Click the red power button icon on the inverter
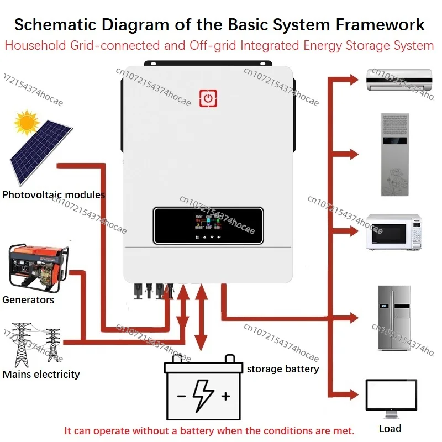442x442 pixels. pyautogui.click(x=208, y=98)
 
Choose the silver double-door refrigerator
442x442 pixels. pyautogui.click(x=394, y=318)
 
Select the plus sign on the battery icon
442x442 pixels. pyautogui.click(x=225, y=396)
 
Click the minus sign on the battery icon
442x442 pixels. pyautogui.click(x=181, y=396)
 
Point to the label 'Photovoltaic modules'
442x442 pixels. pyautogui.click(x=54, y=194)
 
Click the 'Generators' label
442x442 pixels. pyautogui.click(x=28, y=300)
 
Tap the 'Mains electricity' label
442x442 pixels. pyautogui.click(x=41, y=374)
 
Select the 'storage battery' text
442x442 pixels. pyautogui.click(x=282, y=369)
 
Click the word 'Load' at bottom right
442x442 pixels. pyautogui.click(x=390, y=428)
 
